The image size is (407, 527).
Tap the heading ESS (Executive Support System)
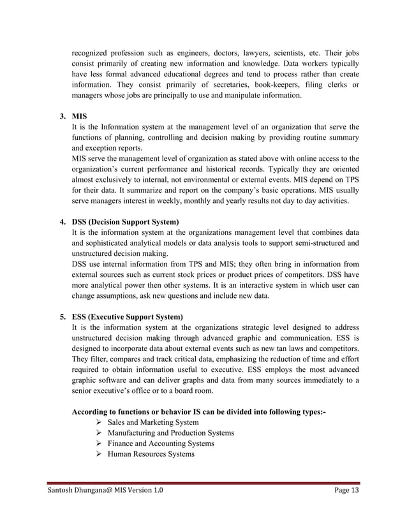click(128, 316)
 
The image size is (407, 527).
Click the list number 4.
click(63, 222)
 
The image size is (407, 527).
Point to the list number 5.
click(63, 316)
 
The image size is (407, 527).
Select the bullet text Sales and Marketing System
click(153, 422)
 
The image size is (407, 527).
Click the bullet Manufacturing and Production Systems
click(170, 433)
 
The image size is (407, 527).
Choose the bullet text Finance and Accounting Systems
click(161, 443)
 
